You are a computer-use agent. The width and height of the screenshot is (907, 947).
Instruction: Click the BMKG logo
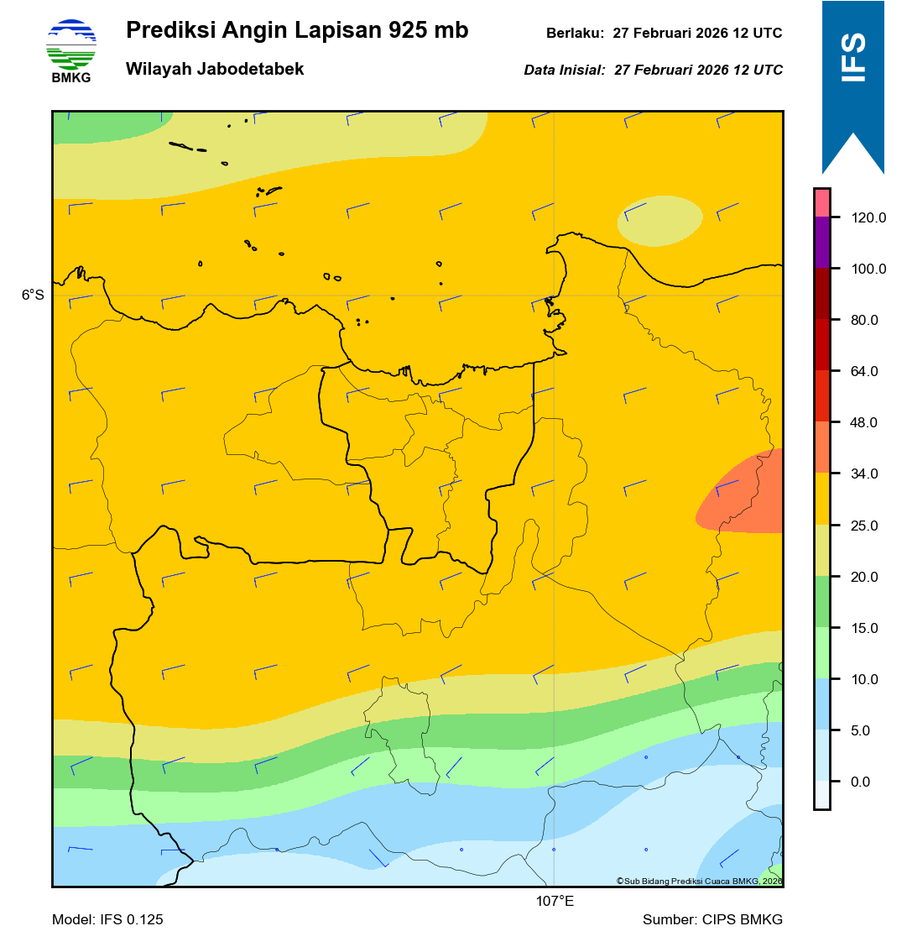tap(71, 50)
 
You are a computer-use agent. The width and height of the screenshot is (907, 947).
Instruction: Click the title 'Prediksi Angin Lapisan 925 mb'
tap(297, 31)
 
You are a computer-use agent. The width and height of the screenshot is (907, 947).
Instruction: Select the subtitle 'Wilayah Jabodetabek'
tap(215, 70)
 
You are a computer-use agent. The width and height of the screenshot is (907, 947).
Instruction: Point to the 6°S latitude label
tap(33, 296)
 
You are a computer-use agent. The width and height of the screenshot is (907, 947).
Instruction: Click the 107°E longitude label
tap(555, 903)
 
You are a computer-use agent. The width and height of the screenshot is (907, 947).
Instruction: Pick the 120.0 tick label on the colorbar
tap(868, 218)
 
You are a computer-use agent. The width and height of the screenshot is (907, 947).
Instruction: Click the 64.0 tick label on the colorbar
tap(863, 372)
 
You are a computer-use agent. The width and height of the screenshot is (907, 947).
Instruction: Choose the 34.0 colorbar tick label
tap(863, 474)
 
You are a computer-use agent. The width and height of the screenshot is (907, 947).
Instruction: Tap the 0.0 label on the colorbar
tap(860, 782)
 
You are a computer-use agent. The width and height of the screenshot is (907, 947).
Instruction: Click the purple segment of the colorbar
tap(821, 243)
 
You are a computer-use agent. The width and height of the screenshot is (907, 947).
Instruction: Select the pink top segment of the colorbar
tap(821, 202)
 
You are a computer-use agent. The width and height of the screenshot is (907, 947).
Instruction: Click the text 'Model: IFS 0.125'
tap(107, 920)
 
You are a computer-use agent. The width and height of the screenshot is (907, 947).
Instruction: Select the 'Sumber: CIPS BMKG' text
tap(712, 920)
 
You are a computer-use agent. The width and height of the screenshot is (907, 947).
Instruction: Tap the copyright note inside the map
tap(699, 881)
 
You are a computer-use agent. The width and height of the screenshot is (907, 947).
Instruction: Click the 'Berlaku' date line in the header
tap(664, 34)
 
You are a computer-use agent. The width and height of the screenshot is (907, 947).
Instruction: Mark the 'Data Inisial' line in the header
tap(653, 71)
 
